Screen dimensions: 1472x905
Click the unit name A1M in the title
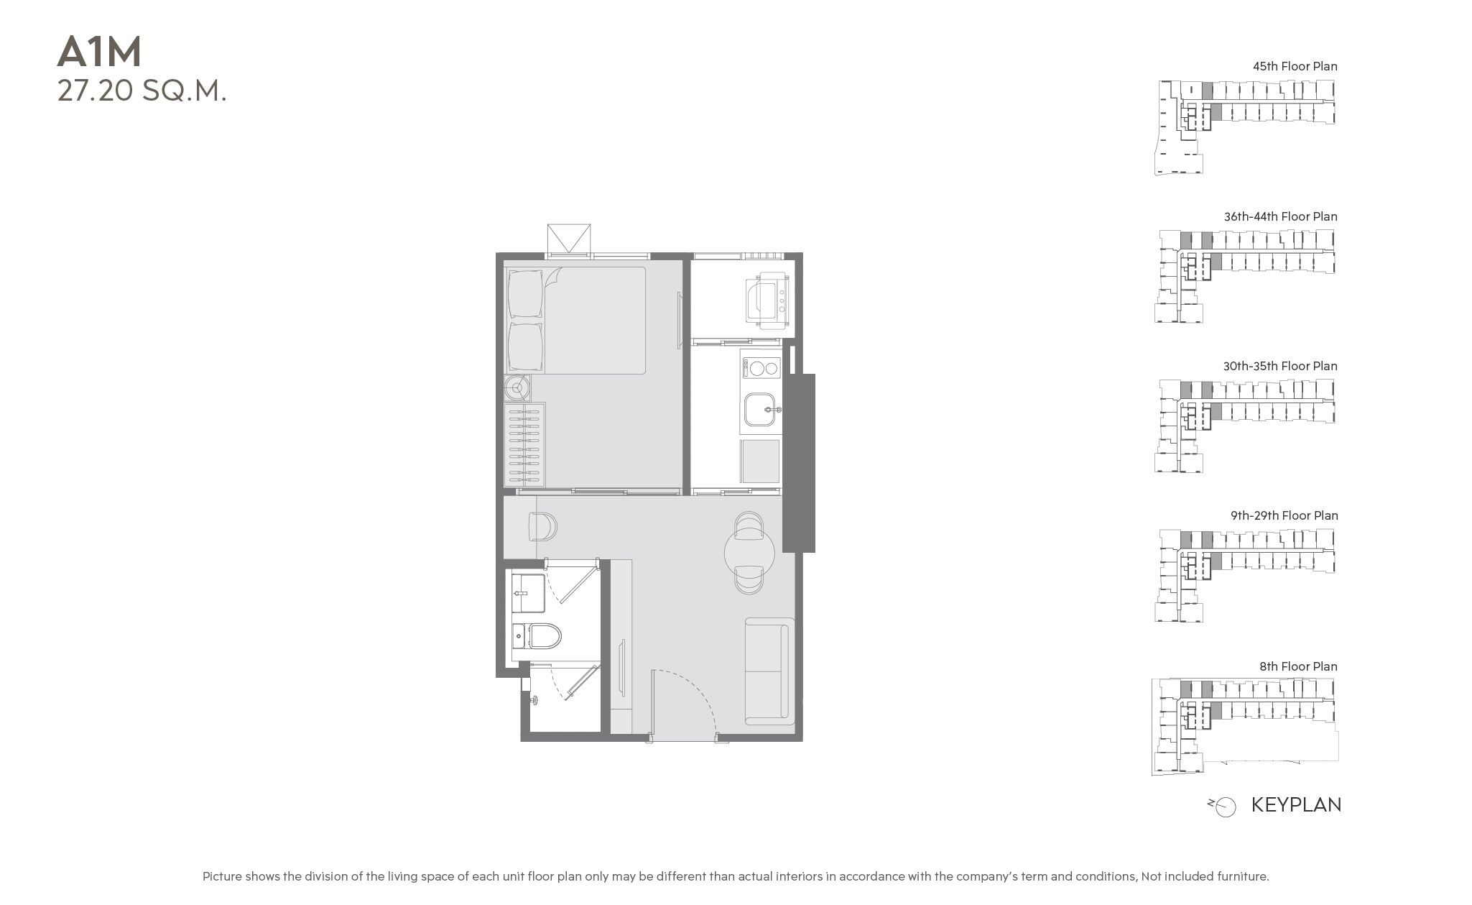coord(100,52)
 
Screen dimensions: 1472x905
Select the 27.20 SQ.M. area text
coord(142,91)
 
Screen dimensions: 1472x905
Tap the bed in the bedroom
coord(575,320)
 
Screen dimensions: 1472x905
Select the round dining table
coord(749,552)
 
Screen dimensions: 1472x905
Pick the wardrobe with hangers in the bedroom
coord(525,445)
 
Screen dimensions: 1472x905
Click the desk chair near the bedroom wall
coord(542,526)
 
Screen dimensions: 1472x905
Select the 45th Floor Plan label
coord(1295,66)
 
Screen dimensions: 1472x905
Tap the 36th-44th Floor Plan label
coord(1280,216)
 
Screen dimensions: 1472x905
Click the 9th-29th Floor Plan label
coord(1284,515)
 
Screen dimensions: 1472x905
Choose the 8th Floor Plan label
coord(1298,666)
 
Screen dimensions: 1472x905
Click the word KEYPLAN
coord(1296,804)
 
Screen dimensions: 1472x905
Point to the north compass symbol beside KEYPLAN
coord(1223,807)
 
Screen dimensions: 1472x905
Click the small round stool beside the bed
coord(517,389)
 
